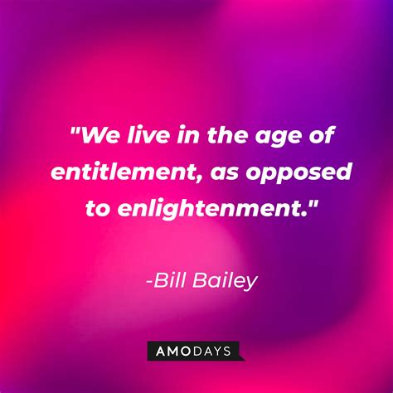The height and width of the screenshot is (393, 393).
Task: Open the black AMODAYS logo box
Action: point(196,352)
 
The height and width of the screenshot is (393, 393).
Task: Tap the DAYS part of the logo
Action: point(215,352)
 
